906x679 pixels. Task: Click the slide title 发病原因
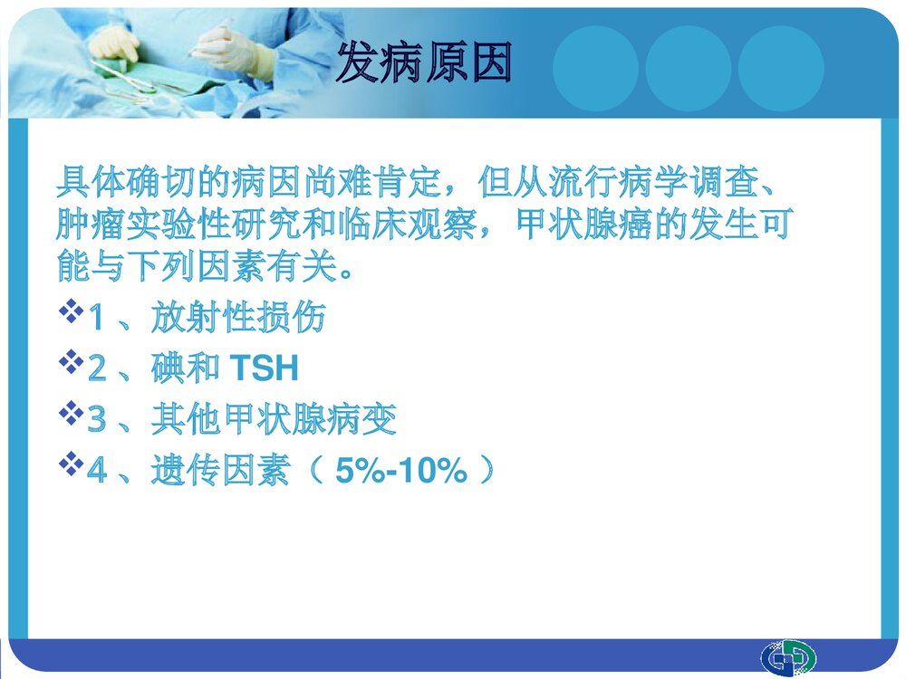pos(424,64)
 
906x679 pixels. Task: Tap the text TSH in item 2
pos(264,368)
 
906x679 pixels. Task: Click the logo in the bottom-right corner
pos(787,656)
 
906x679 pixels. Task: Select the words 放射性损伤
pos(238,318)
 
